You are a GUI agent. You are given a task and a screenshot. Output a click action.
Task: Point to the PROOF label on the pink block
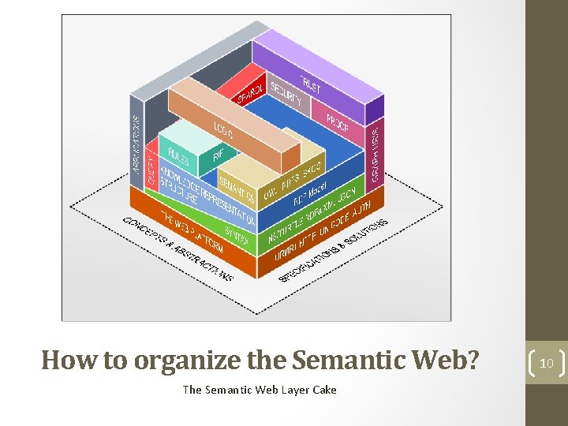(x=338, y=121)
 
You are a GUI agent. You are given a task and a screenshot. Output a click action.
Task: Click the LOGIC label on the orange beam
(x=223, y=131)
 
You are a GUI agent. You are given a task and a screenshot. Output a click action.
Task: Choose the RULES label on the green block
(x=178, y=155)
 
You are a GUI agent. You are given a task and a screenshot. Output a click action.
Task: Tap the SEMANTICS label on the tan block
(x=237, y=189)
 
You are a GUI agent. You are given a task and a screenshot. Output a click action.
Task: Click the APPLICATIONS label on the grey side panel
(x=136, y=142)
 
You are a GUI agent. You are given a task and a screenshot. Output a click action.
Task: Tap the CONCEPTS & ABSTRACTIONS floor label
(x=178, y=248)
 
